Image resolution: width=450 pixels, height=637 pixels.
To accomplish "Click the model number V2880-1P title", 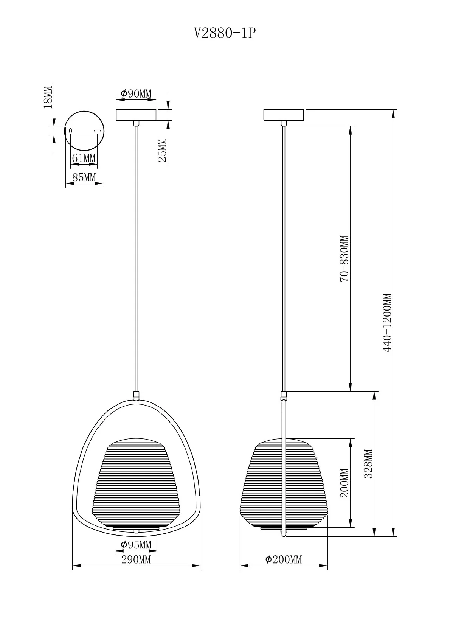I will [225, 34].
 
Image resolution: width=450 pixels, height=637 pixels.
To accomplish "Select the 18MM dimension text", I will [48, 97].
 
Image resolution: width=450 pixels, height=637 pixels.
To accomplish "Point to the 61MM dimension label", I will [84, 158].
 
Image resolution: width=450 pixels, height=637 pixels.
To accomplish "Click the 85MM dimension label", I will [84, 177].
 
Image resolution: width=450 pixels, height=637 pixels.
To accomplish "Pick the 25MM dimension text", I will [162, 151].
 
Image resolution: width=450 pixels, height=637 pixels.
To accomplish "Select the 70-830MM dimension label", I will [344, 258].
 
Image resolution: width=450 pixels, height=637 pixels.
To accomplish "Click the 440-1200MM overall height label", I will [387, 323].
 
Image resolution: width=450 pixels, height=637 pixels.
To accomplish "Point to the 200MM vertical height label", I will [344, 483].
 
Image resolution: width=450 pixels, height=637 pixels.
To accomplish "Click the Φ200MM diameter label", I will [284, 559].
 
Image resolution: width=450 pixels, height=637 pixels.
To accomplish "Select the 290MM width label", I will [136, 559].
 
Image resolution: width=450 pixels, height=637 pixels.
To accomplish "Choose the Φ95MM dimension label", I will [136, 545].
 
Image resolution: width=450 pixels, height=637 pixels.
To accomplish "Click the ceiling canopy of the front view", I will [136, 115].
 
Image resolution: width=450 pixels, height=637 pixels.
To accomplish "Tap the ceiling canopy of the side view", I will [284, 115].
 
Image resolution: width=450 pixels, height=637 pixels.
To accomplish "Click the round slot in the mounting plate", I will [71, 131].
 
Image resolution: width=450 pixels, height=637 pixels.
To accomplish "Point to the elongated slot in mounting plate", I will [97, 131].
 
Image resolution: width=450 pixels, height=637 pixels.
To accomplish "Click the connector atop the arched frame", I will [136, 396].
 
